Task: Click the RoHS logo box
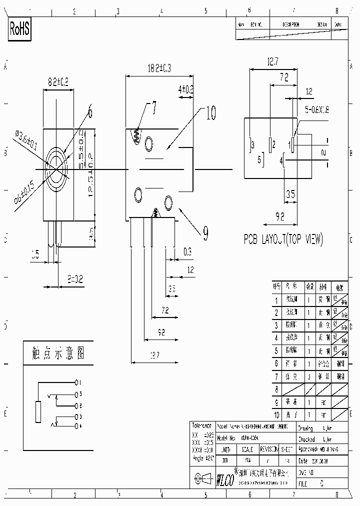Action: [20, 29]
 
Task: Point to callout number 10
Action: [210, 113]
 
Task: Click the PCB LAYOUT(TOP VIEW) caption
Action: [283, 239]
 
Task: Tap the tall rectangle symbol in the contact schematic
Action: [38, 411]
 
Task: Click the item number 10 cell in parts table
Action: [276, 414]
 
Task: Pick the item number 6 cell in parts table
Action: [276, 363]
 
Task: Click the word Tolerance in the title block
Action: [202, 425]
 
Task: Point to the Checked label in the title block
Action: [305, 438]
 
